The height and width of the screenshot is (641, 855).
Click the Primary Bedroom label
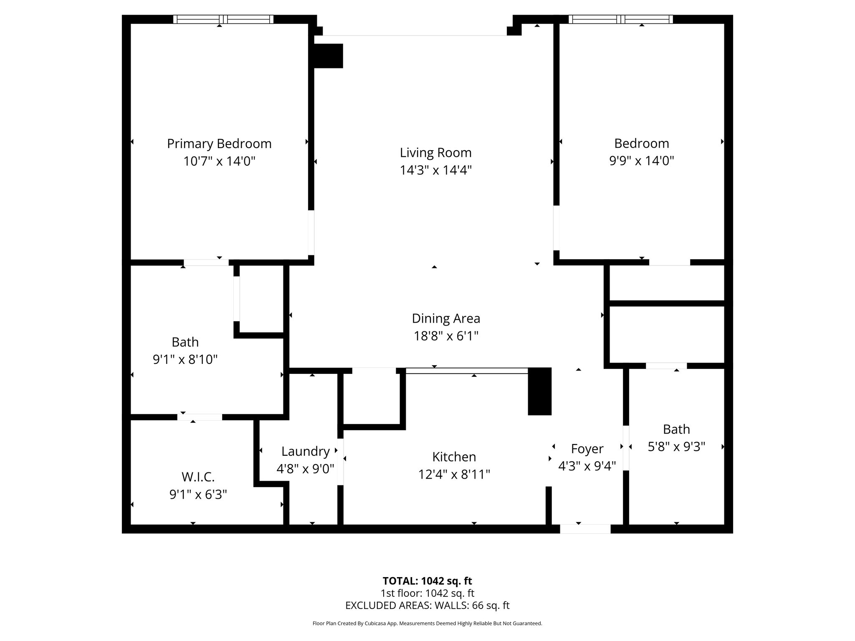pos(219,144)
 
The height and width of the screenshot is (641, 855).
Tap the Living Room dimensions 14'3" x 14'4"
pos(435,170)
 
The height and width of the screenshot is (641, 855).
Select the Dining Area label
pos(446,318)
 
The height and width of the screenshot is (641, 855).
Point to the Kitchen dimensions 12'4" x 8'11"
pos(454,474)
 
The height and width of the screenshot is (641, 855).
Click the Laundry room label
pos(305,451)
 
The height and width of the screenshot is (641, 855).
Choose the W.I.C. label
pos(198,477)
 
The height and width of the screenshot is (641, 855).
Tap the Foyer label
pos(587,449)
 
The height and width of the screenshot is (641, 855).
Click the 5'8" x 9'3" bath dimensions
pos(676,447)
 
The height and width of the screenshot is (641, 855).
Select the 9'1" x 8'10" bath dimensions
pos(185,359)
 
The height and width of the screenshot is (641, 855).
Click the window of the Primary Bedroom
pos(223,19)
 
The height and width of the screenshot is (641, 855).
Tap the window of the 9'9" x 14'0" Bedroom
pos(620,19)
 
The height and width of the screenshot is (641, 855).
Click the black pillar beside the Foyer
pos(539,391)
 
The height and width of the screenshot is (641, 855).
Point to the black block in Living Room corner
pos(328,56)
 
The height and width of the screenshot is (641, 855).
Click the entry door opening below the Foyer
pos(585,529)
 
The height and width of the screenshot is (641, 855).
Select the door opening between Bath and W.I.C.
pos(200,417)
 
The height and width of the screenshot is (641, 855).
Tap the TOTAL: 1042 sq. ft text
pos(427,581)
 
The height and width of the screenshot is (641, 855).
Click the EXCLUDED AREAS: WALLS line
pos(427,606)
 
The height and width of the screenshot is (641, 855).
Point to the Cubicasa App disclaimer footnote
pos(427,623)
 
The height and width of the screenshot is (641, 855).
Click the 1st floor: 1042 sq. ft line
pos(427,593)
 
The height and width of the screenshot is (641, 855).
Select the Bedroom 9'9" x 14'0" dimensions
pos(641,161)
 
